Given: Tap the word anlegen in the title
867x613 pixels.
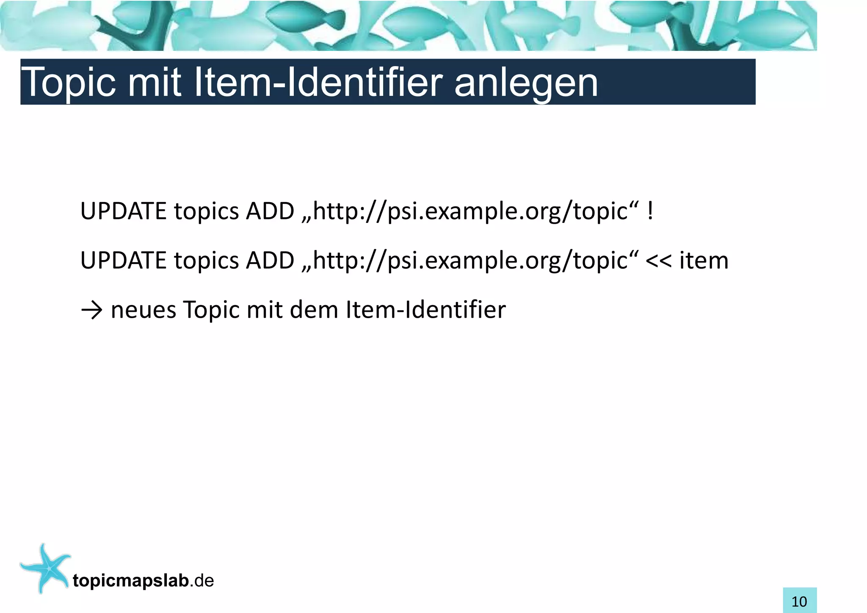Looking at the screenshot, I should (526, 83).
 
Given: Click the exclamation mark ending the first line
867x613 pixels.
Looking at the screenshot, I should (650, 211).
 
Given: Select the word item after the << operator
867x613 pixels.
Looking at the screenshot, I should (704, 260).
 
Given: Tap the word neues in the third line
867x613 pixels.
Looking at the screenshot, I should (143, 310).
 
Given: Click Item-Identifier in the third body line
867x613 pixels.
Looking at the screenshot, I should (425, 310).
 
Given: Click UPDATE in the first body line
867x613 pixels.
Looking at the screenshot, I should (123, 211).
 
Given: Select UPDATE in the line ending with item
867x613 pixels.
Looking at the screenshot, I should (123, 261).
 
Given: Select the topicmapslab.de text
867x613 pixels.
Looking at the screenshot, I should (143, 581).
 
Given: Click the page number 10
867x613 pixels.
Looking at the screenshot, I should (799, 601).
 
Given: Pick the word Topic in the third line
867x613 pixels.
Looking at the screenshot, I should (210, 310).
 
